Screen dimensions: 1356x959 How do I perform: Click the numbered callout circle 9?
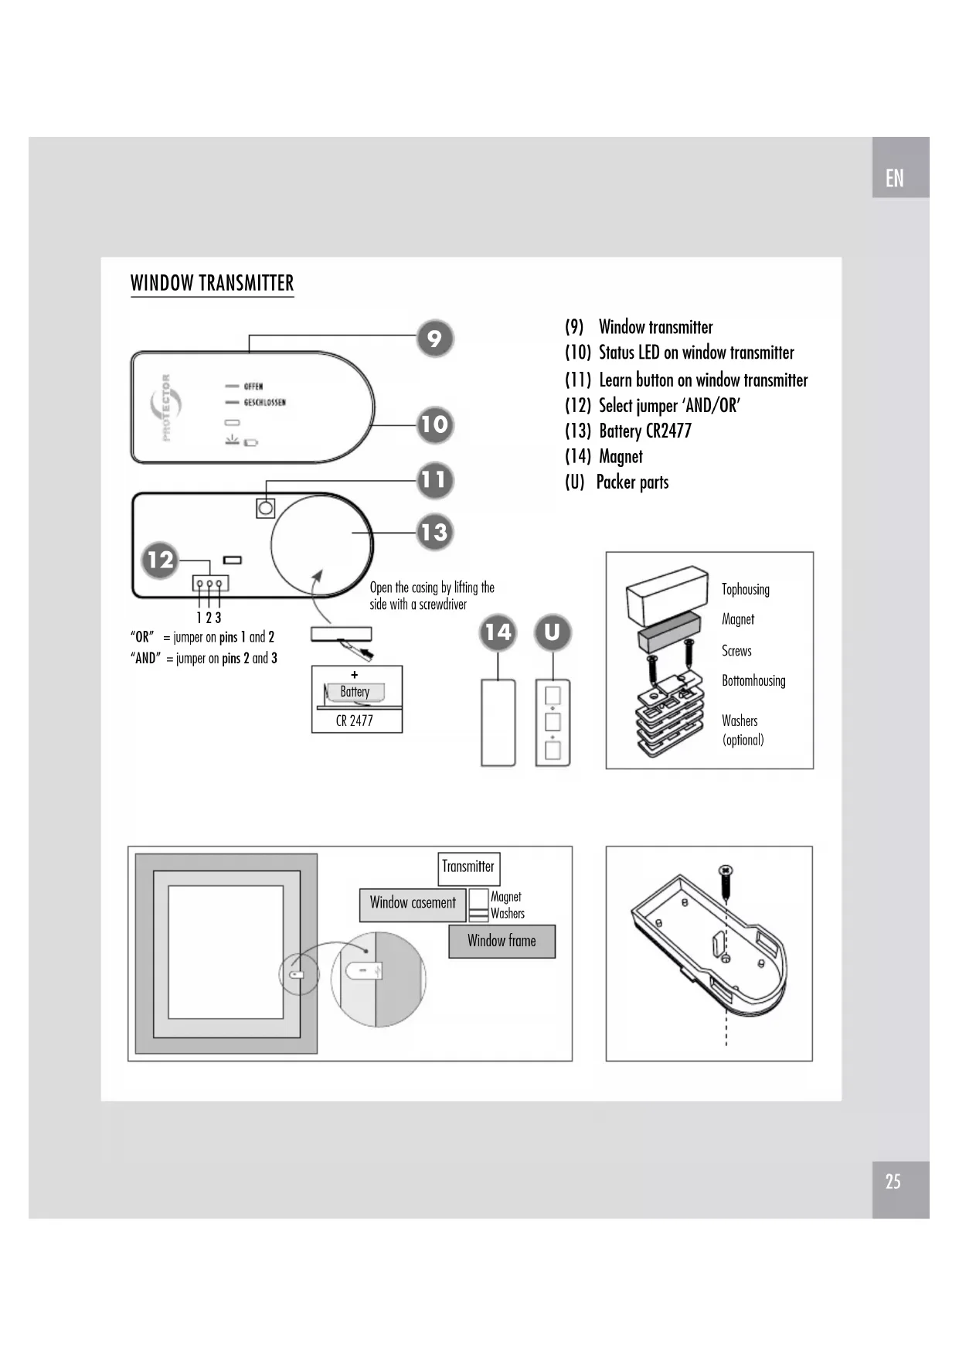point(434,339)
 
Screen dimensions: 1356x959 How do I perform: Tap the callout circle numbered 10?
point(434,424)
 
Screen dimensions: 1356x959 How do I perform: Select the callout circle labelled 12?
point(160,560)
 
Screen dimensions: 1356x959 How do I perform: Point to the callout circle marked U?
point(553,632)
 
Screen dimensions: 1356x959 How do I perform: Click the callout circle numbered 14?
point(498,632)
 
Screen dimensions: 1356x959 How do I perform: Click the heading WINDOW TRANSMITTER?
point(212,283)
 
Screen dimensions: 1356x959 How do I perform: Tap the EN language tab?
point(894,179)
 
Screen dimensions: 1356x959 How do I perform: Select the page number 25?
point(893,1181)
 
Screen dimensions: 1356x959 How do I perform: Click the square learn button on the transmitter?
point(265,508)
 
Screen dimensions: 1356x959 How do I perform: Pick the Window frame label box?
point(502,941)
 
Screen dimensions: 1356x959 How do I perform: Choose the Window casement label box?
point(413,903)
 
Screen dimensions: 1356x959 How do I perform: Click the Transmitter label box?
point(468,867)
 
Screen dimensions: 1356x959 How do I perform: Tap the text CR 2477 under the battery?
point(355,721)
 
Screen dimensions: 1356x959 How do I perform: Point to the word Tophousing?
point(745,589)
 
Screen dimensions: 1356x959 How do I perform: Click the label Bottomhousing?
point(753,681)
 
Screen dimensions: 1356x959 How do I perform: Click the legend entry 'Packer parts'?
point(632,482)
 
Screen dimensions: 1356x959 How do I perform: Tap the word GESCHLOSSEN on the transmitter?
point(264,403)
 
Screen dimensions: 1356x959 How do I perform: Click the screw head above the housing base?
point(726,871)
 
